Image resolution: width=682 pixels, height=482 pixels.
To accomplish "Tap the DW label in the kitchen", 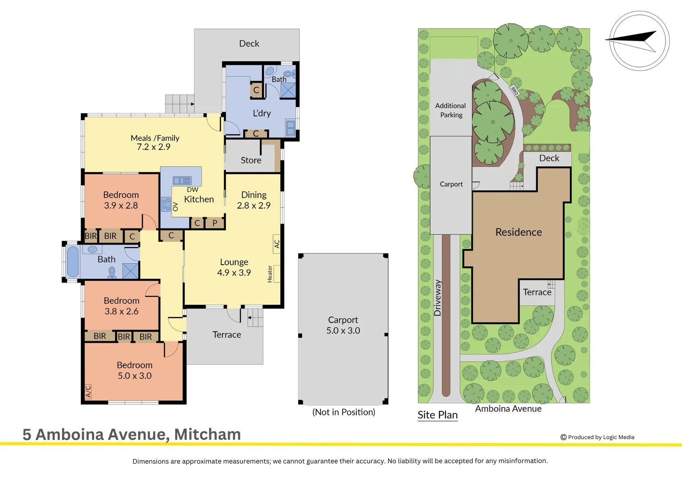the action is click(192, 189).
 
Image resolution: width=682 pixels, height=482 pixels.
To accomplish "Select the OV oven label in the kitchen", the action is click(175, 207).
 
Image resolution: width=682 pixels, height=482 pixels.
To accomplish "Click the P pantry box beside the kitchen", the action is click(215, 223).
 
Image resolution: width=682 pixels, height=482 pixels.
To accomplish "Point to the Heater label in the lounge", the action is click(270, 274).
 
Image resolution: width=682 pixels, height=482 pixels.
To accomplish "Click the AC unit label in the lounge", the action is click(277, 244).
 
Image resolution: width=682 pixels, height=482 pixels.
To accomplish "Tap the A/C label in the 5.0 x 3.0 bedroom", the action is click(88, 391).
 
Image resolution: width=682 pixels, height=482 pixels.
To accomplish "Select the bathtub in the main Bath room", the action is click(73, 262).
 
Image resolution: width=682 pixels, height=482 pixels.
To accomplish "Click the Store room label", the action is click(251, 160).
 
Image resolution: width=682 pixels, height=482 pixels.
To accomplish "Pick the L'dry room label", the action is click(262, 113).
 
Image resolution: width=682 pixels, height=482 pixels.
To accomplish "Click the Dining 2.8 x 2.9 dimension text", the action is click(254, 205).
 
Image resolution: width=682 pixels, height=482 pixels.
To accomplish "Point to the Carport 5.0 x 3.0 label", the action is click(343, 325).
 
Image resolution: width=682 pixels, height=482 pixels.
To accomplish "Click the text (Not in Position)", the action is click(344, 412).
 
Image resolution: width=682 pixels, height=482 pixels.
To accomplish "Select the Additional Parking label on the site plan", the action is click(451, 110).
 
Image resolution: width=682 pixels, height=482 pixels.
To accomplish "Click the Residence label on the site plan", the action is click(519, 232).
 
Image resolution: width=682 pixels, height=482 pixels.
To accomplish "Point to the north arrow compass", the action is click(639, 41).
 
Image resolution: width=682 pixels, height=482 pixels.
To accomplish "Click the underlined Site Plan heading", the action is click(437, 415).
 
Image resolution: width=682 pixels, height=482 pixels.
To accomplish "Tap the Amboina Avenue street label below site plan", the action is click(508, 409).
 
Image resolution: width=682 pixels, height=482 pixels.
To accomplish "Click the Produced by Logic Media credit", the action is click(597, 437).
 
